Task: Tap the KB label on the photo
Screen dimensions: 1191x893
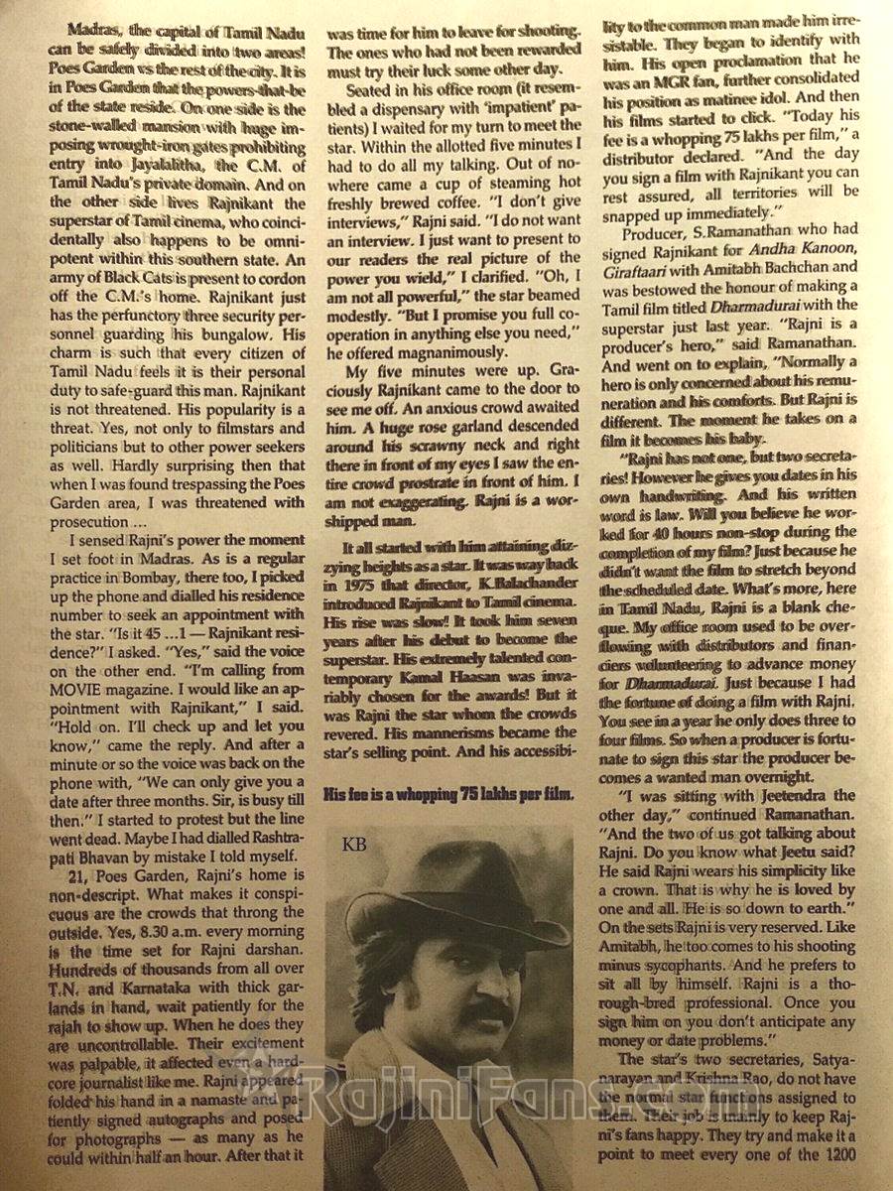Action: (353, 845)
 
